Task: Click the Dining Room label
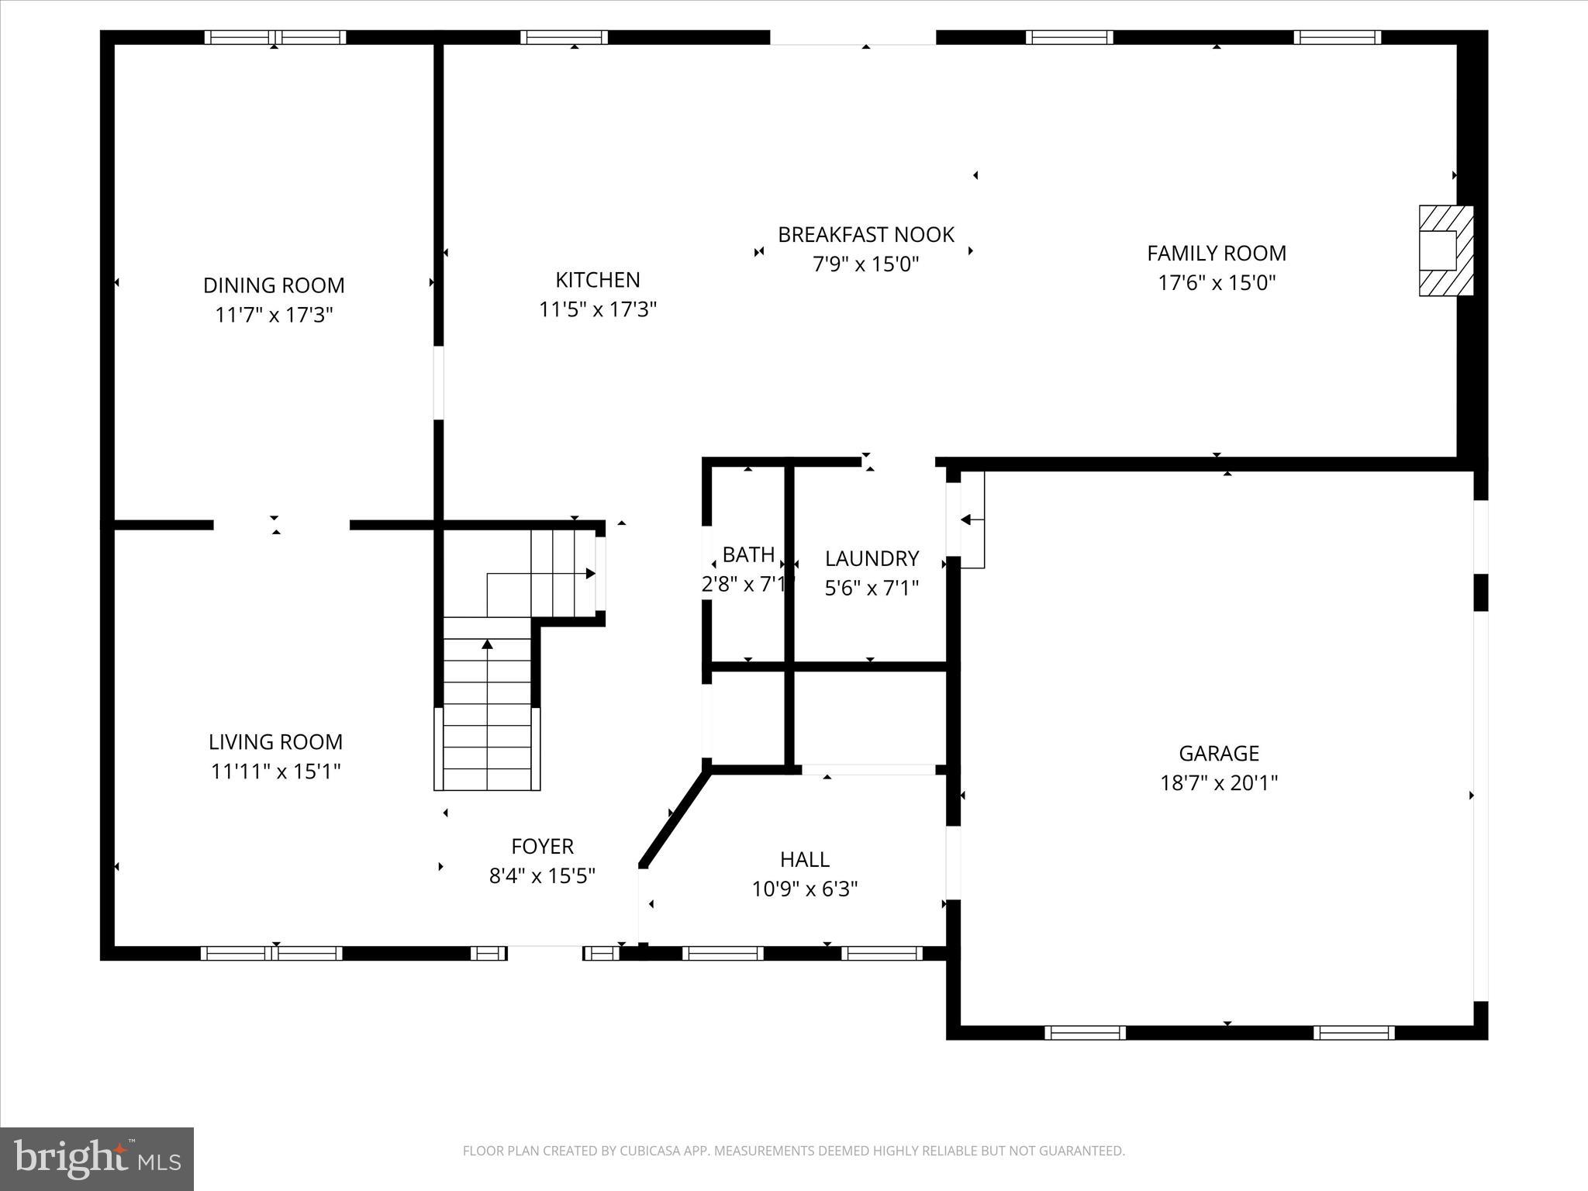273,285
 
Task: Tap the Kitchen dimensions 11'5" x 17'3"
597,309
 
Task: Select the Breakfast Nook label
865,234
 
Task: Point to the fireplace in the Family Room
1445,250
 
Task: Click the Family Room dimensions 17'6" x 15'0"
1216,283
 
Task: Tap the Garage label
1218,753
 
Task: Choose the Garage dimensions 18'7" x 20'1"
1218,783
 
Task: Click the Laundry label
872,558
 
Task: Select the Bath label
748,554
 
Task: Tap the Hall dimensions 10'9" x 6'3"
804,889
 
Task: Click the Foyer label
542,846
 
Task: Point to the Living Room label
275,742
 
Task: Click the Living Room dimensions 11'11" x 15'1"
275,772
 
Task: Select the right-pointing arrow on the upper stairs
590,574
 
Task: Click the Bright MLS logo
97,1159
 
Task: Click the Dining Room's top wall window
275,37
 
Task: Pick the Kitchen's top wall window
564,37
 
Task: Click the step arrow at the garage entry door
966,520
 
